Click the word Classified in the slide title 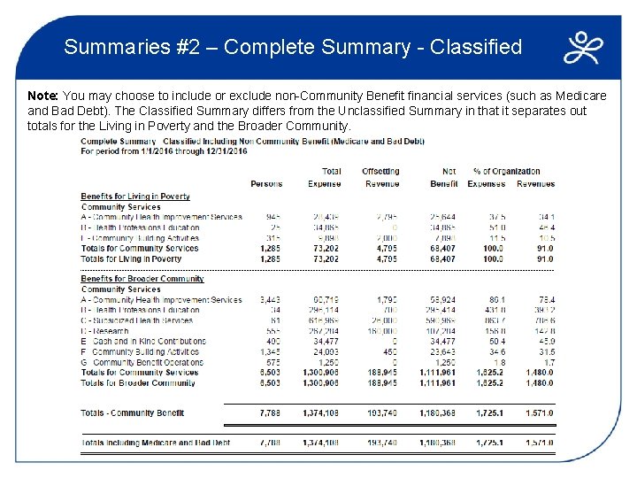pos(476,47)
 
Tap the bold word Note pos(42,95)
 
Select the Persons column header pos(266,184)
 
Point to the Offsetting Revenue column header pos(381,178)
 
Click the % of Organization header pos(506,172)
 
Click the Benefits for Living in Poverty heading pos(135,197)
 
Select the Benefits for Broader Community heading pos(142,279)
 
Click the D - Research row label pos(106,331)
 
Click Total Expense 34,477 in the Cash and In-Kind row pos(324,342)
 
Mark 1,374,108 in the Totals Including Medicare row pos(321,443)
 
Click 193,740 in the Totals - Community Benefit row pos(382,413)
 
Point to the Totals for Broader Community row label pos(138,383)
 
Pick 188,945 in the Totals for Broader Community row pos(382,383)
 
